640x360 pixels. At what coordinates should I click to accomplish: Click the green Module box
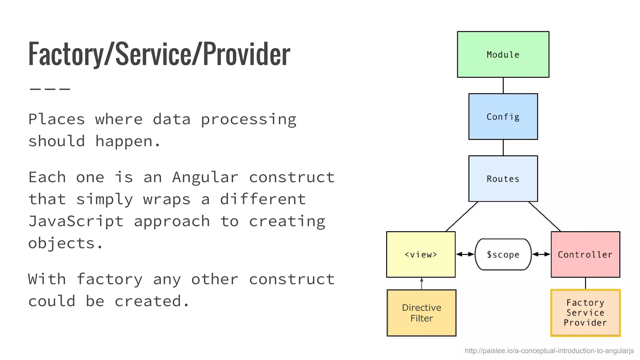[x=503, y=54]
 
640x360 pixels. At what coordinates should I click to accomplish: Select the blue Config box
[x=503, y=117]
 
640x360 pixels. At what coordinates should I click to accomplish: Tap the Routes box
[x=503, y=178]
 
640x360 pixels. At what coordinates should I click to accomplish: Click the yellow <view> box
[x=421, y=254]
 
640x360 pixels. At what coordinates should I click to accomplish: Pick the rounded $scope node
[x=503, y=254]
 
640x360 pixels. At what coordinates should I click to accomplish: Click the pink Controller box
[x=585, y=254]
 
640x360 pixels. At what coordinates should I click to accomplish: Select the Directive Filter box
[x=421, y=313]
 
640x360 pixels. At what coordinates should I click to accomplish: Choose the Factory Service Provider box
[x=585, y=313]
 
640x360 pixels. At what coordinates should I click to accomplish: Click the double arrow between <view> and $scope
[x=465, y=254]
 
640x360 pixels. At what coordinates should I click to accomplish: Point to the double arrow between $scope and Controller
[x=541, y=254]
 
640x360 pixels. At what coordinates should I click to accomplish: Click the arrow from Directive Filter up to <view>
[x=422, y=283]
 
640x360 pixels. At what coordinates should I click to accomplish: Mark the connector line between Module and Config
[x=503, y=85]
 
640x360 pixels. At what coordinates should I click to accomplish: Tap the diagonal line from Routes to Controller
[x=544, y=216]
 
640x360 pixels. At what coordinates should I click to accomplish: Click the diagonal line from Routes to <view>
[x=462, y=216]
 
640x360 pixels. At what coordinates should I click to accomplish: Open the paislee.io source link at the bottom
[x=549, y=351]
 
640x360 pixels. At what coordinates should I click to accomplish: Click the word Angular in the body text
[x=205, y=177]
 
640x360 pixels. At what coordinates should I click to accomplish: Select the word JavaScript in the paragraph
[x=76, y=221]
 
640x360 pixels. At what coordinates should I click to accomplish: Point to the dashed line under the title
[x=50, y=89]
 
